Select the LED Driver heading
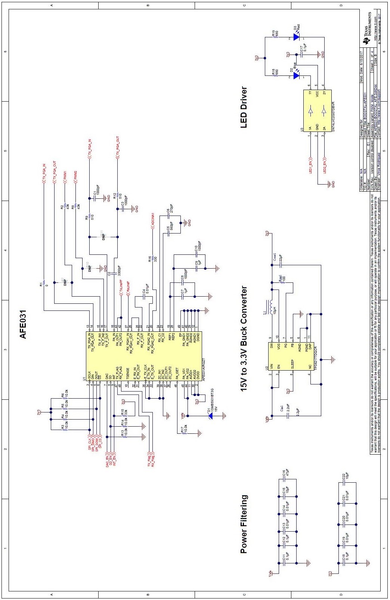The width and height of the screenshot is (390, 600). click(x=244, y=108)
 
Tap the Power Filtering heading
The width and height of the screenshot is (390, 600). click(x=244, y=524)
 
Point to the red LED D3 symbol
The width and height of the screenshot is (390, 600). click(x=297, y=37)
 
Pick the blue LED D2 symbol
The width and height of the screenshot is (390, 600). click(x=297, y=75)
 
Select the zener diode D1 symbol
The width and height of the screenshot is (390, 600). click(x=210, y=415)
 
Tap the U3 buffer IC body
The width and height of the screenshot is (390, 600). click(x=317, y=111)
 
